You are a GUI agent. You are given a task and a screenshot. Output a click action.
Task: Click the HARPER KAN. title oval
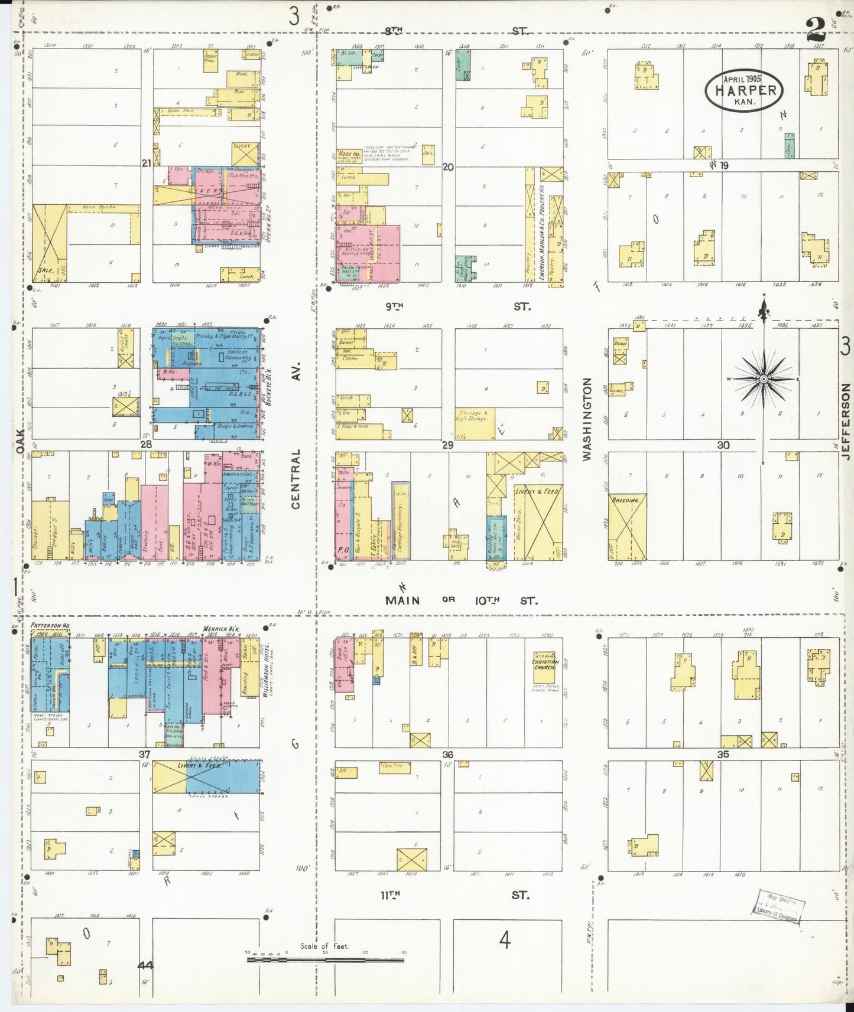[744, 90]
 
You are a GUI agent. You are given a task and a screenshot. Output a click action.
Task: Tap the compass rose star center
[764, 378]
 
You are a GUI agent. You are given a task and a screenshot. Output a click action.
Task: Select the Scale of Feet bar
[325, 959]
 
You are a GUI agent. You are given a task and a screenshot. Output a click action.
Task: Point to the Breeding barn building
[627, 527]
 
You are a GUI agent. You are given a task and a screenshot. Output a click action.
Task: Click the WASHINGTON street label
[587, 419]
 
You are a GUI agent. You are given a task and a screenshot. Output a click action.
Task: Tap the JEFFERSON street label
[846, 420]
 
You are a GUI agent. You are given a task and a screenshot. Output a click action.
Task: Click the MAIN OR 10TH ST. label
[461, 600]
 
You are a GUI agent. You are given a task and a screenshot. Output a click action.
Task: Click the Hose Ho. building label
[349, 155]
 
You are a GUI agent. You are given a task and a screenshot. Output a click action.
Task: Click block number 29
[447, 445]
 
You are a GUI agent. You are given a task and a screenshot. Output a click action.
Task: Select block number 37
[145, 754]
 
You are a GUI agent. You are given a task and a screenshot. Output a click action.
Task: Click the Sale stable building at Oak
[50, 243]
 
